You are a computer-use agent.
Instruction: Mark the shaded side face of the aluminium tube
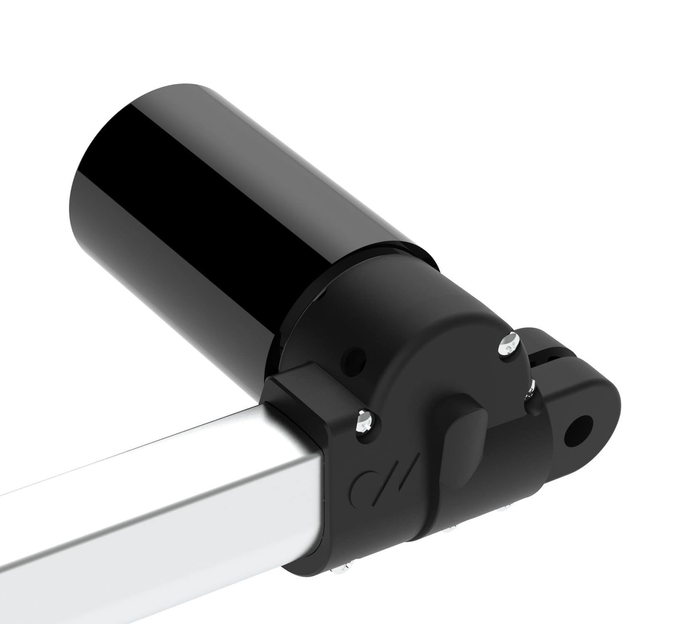click(166, 541)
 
